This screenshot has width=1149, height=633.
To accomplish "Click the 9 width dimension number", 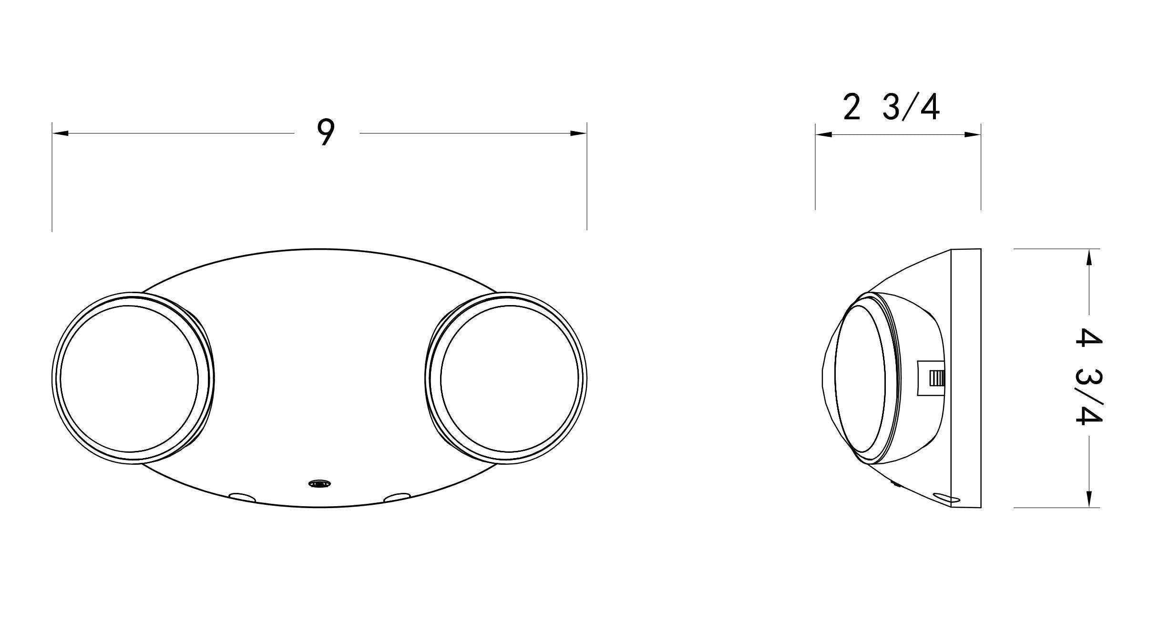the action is click(x=325, y=132).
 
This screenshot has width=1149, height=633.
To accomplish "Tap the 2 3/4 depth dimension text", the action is click(x=891, y=108).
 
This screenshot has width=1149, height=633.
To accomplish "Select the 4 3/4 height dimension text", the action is click(x=1088, y=376).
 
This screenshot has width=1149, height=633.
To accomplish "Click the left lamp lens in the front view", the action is click(x=128, y=379).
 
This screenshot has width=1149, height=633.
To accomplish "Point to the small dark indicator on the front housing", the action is click(x=318, y=484).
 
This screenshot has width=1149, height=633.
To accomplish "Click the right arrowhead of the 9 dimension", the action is click(x=578, y=133).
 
